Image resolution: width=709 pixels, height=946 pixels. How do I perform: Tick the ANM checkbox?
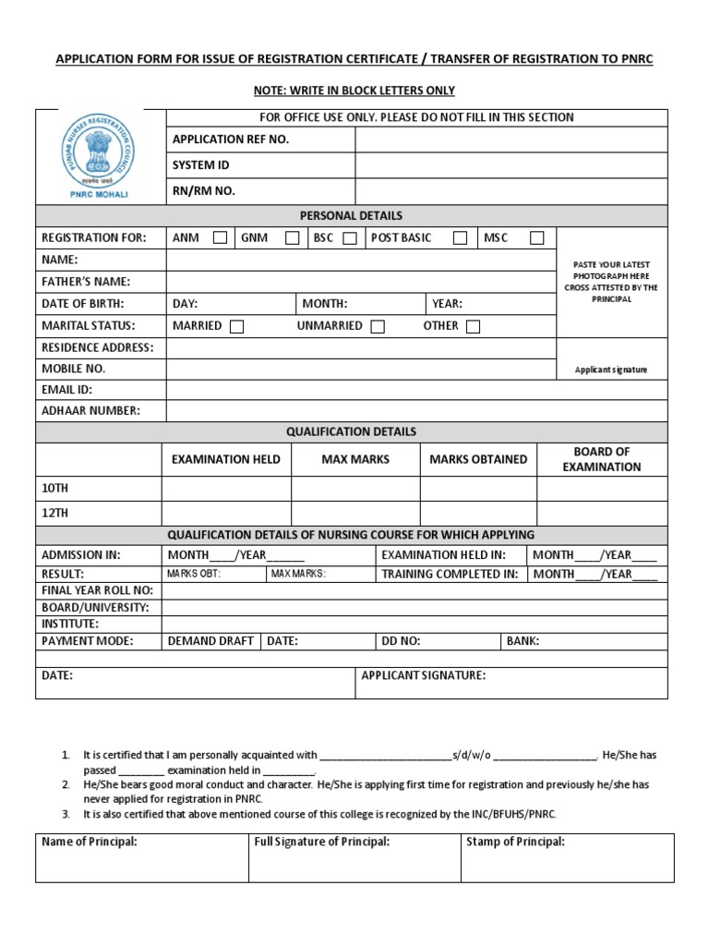pyautogui.click(x=220, y=238)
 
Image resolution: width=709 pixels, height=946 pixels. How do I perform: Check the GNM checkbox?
pyautogui.click(x=292, y=238)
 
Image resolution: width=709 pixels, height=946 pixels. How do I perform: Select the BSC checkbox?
pyautogui.click(x=349, y=238)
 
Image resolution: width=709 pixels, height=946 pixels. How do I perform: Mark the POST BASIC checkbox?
pyautogui.click(x=459, y=238)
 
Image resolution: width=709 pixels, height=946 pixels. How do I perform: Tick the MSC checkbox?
pyautogui.click(x=536, y=238)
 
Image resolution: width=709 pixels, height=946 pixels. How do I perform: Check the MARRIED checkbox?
pyautogui.click(x=236, y=326)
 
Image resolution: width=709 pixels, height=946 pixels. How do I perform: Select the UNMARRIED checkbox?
pyautogui.click(x=377, y=326)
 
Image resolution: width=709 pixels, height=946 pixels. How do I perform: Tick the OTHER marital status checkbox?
pyautogui.click(x=473, y=326)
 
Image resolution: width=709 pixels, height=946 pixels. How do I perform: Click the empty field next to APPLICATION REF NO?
pyautogui.click(x=511, y=139)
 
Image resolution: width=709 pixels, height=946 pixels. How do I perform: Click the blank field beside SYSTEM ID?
pyautogui.click(x=511, y=165)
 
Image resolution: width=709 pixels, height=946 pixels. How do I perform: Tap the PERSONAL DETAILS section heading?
pyautogui.click(x=351, y=215)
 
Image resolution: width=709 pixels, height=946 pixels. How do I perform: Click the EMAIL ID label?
pyautogui.click(x=66, y=390)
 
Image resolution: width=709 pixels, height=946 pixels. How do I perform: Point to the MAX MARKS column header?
pyautogui.click(x=355, y=459)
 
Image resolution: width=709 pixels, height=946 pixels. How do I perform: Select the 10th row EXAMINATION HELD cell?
pyautogui.click(x=227, y=488)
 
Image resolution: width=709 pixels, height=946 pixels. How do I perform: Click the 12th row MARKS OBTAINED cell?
pyautogui.click(x=478, y=513)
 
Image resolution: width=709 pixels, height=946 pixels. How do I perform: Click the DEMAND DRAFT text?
pyautogui.click(x=210, y=641)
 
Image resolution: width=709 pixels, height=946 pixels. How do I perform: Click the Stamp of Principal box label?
pyautogui.click(x=515, y=842)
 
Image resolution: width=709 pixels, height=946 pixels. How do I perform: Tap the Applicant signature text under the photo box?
pyautogui.click(x=611, y=370)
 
